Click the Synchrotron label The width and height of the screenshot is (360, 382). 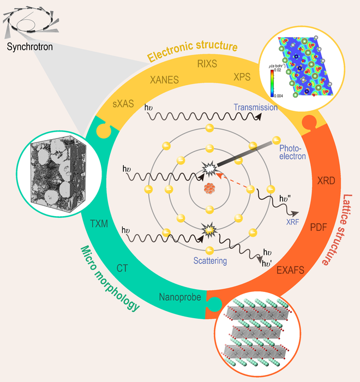point(30,47)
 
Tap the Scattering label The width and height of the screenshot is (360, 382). point(209,261)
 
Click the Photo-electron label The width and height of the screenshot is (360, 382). point(293,152)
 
